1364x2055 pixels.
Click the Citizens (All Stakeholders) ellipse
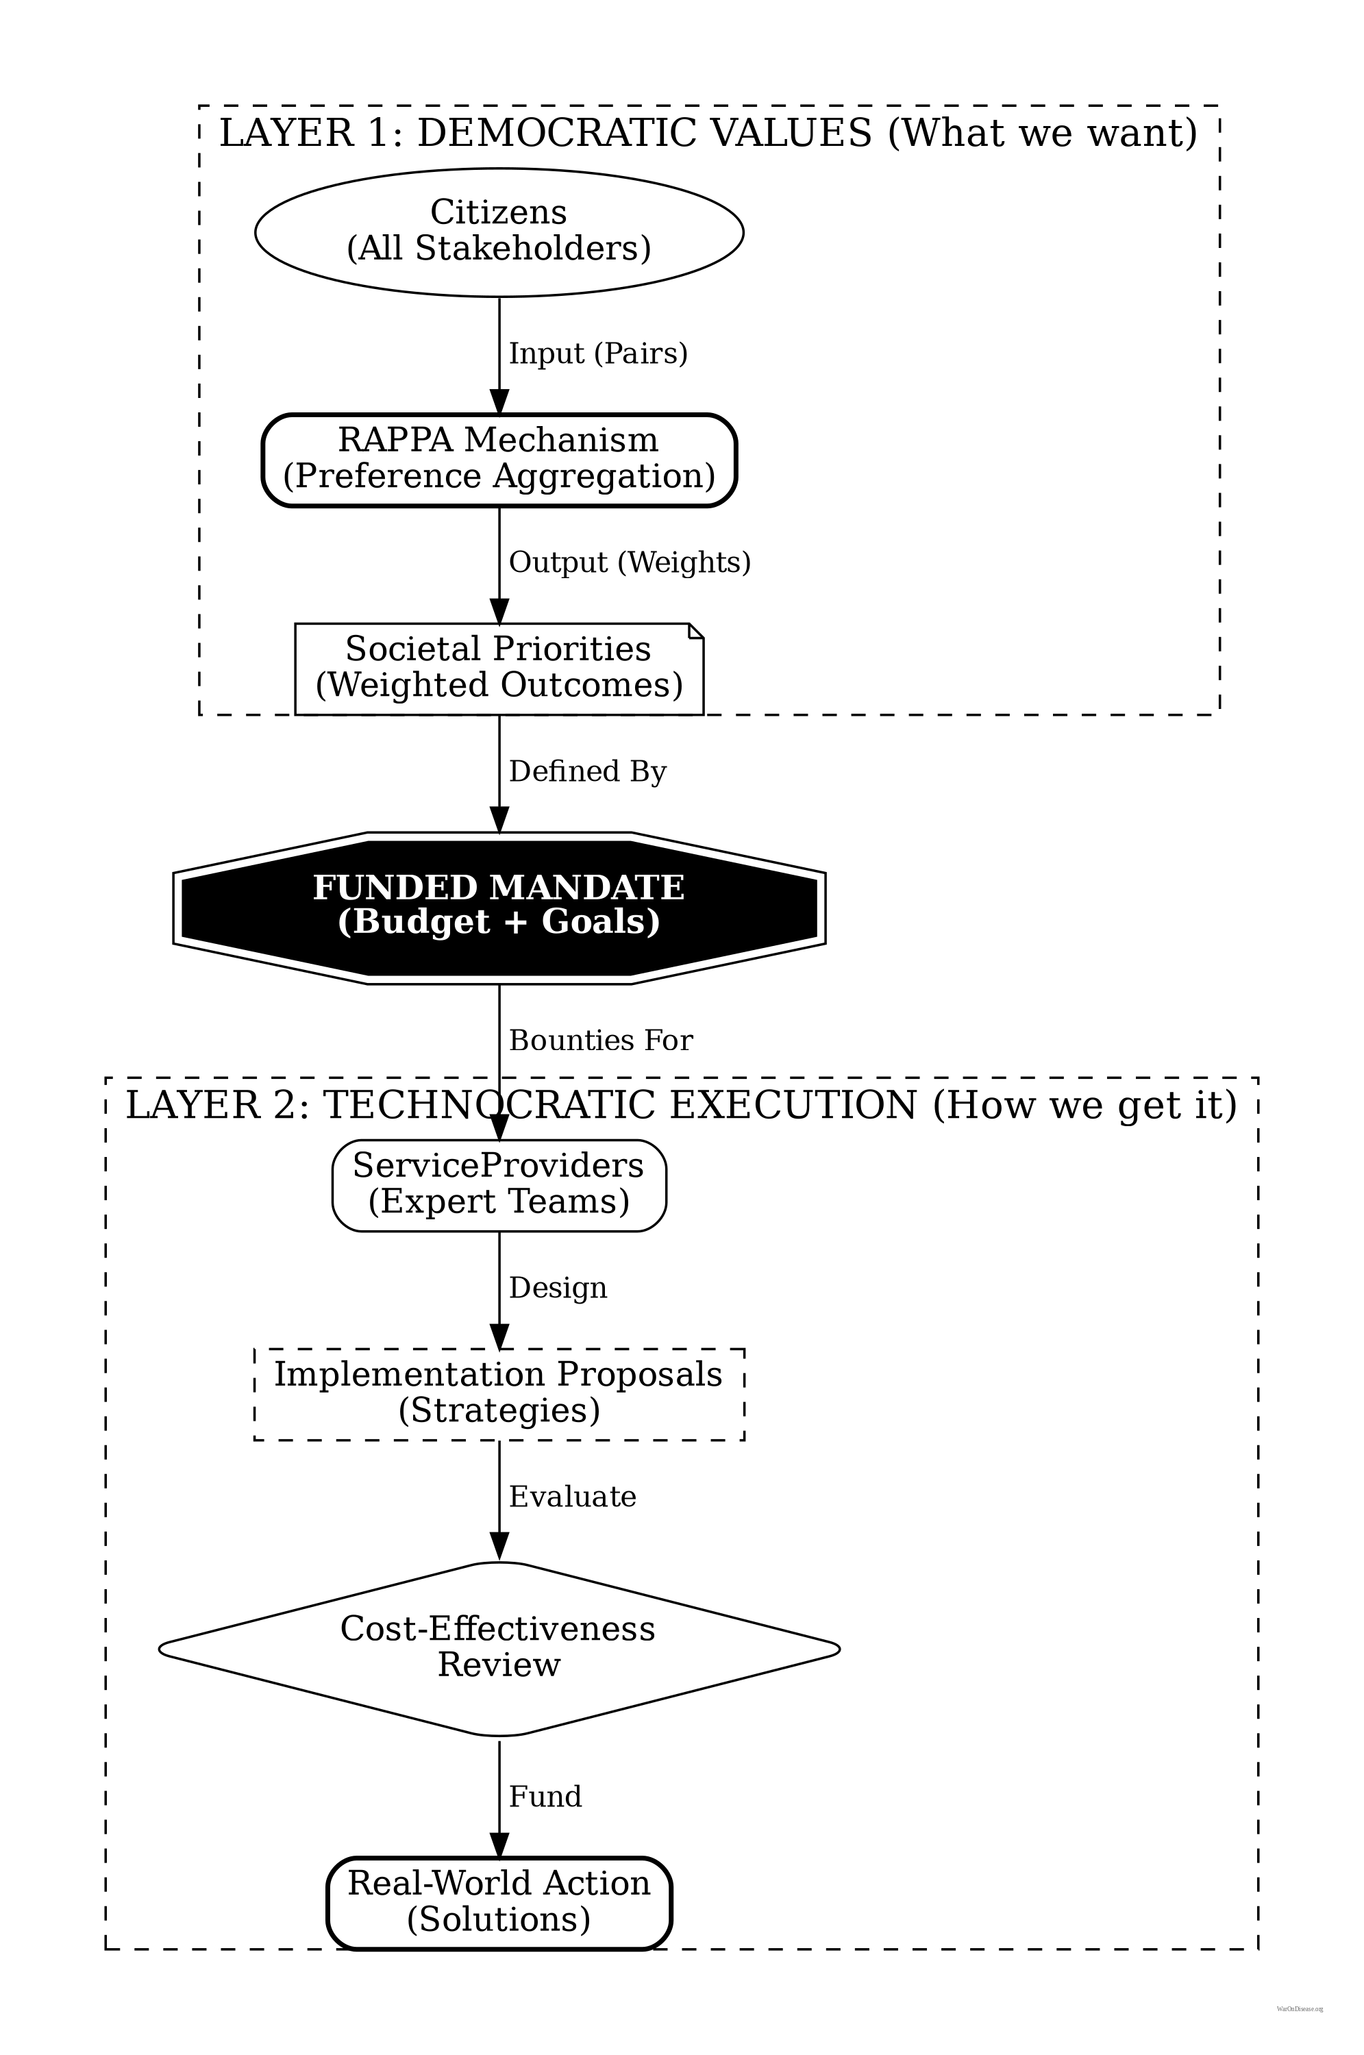tap(499, 232)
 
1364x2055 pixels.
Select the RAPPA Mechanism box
tap(499, 459)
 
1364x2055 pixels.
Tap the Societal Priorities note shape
tap(499, 668)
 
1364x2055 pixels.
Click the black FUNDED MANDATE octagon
tap(499, 907)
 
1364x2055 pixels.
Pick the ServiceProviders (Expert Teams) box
tap(499, 1184)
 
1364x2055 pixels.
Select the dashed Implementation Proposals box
tap(499, 1393)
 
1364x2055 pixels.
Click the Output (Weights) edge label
tap(629, 562)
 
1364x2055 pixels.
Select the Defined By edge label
tap(587, 771)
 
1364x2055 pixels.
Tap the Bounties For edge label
tap(600, 1040)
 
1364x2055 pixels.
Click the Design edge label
tap(558, 1288)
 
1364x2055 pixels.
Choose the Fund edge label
tap(545, 1797)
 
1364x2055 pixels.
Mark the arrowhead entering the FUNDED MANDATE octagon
tap(499, 819)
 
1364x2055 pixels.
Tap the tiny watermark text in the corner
tap(1300, 2010)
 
